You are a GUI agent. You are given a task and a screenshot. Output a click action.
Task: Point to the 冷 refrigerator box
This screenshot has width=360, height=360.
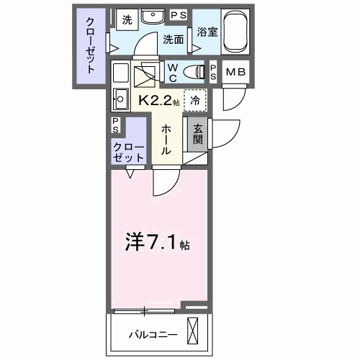click(194, 101)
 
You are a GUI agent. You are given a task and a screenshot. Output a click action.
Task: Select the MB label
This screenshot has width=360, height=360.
click(235, 73)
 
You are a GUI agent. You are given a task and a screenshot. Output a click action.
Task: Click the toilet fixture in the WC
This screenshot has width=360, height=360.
click(194, 71)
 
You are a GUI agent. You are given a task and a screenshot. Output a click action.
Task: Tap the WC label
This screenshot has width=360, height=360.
click(173, 71)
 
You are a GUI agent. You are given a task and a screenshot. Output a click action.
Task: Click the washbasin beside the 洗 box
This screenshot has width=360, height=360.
click(153, 17)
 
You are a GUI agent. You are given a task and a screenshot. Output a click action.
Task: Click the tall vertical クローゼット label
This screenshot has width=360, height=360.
click(90, 45)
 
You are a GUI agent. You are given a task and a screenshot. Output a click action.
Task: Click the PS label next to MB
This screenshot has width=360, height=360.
click(214, 71)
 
